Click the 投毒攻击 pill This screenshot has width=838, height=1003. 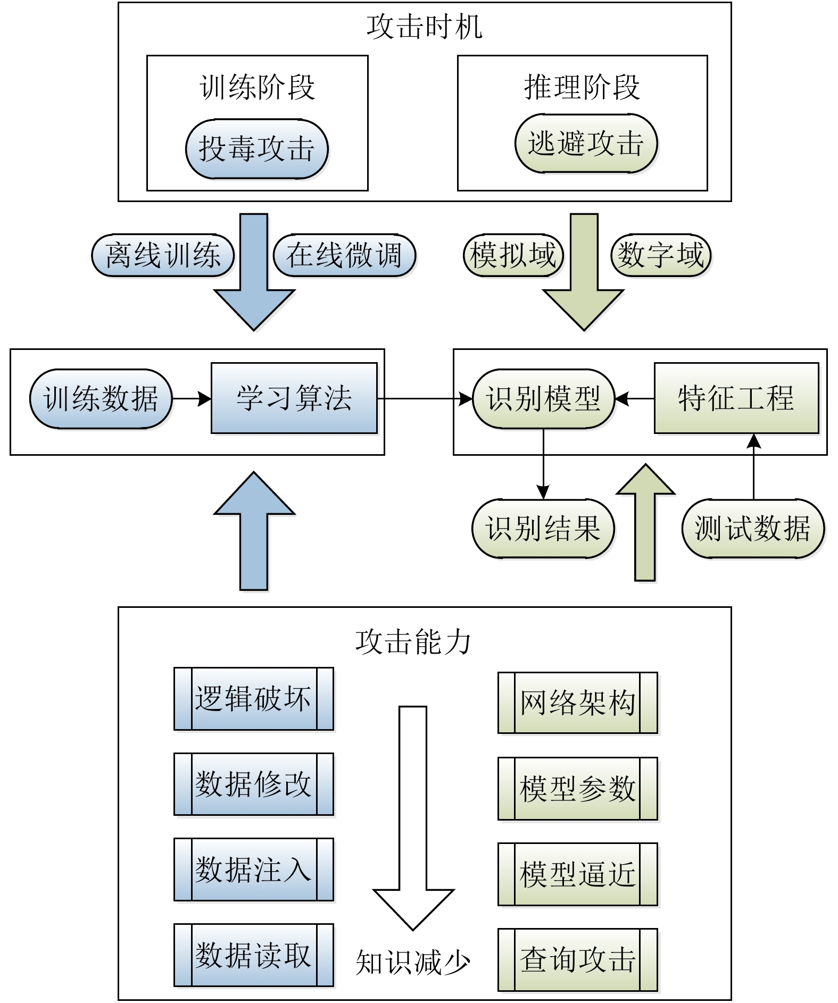(x=256, y=149)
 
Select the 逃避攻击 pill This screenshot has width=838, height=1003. (x=586, y=144)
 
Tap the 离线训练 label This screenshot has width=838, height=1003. (x=163, y=255)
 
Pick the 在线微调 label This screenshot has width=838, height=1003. (x=344, y=255)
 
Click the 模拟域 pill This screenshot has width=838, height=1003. (x=513, y=255)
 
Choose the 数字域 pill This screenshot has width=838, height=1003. (x=661, y=255)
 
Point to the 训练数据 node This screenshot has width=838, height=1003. (x=101, y=399)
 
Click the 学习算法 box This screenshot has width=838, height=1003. (x=294, y=398)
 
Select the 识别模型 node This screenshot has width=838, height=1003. (x=543, y=399)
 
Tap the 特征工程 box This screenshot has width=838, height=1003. (x=736, y=398)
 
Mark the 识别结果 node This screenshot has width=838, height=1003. (x=543, y=529)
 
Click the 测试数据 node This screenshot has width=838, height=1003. (x=753, y=529)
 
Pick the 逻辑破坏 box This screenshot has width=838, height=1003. (x=254, y=699)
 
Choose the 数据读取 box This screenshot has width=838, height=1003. (x=254, y=955)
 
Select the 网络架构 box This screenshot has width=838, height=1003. (x=578, y=703)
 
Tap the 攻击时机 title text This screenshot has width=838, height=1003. (x=425, y=27)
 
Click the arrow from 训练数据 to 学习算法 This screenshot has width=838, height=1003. (x=192, y=398)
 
